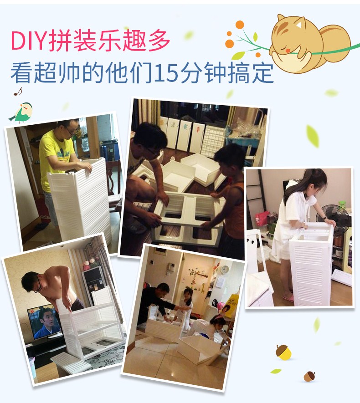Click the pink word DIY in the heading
pyautogui.click(x=29, y=41)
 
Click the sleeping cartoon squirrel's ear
pyautogui.click(x=298, y=24)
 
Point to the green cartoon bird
pyautogui.click(x=21, y=113)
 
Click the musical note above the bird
pyautogui.click(x=18, y=92)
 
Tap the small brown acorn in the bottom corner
pyautogui.click(x=309, y=376)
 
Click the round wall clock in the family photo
pyautogui.click(x=225, y=269)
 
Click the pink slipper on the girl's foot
pyautogui.click(x=288, y=298)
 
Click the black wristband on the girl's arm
pyautogui.click(x=325, y=219)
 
